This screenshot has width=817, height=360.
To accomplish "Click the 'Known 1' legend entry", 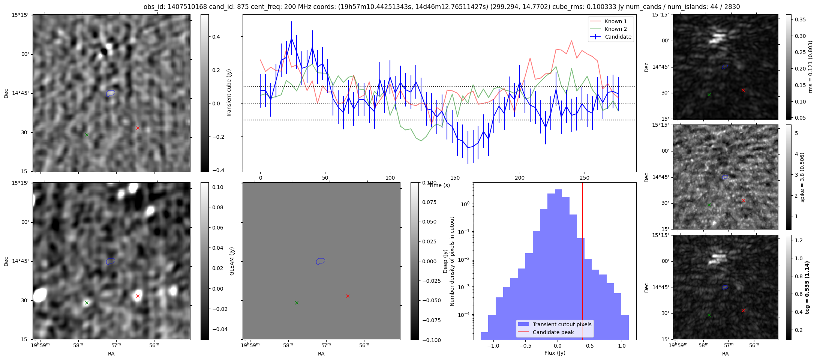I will click(x=615, y=21).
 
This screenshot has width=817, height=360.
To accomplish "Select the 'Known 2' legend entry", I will click(x=615, y=29).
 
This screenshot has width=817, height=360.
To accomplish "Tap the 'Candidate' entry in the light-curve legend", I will click(x=618, y=37).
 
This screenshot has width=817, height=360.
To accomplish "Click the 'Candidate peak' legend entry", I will click(x=553, y=332).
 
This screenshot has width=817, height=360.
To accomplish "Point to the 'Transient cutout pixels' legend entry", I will click(x=562, y=324).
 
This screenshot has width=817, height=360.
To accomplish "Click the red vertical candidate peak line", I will click(x=583, y=262).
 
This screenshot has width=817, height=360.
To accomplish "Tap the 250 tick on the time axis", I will click(x=585, y=178).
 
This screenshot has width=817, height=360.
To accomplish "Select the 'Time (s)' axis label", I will click(x=439, y=185).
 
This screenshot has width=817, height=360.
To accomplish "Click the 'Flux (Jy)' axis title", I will click(x=555, y=353).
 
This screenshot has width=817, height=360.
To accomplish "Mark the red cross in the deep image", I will click(x=138, y=296).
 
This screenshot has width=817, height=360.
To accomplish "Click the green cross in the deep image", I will click(x=87, y=303).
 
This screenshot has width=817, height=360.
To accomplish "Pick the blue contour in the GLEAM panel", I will click(x=320, y=261).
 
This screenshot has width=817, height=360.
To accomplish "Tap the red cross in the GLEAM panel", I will click(x=348, y=296).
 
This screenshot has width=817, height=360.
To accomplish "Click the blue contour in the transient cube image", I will click(x=110, y=93).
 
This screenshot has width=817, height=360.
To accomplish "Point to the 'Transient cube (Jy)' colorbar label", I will click(x=229, y=93).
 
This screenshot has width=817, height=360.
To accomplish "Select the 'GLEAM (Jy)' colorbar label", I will click(x=232, y=261).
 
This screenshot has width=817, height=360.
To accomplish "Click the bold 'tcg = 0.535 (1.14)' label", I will click(x=807, y=287).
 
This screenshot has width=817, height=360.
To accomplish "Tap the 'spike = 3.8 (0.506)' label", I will click(x=802, y=177).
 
